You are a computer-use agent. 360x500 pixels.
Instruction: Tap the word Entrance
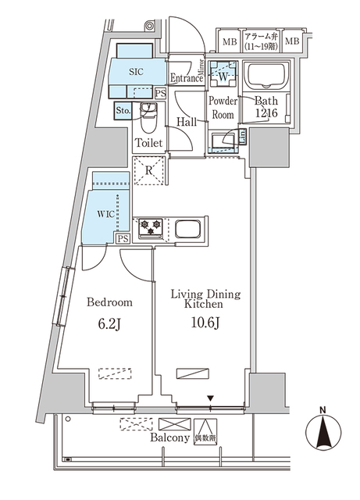point(187,77)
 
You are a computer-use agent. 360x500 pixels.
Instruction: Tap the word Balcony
point(169,439)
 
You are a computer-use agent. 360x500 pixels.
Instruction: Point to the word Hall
point(186,122)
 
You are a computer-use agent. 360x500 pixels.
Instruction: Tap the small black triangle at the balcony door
point(210,399)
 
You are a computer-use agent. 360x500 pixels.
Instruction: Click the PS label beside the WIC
point(122,240)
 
